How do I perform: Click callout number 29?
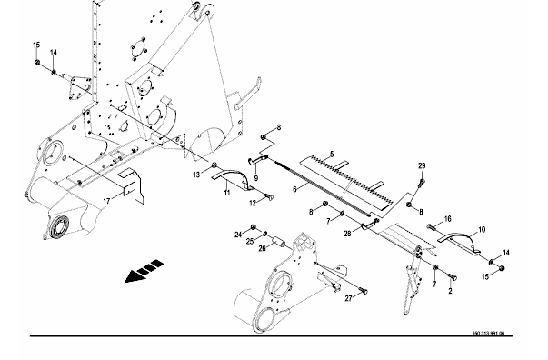click(x=422, y=165)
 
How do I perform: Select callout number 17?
click(x=106, y=201)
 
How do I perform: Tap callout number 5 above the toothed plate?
click(x=332, y=154)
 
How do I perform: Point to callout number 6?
click(x=294, y=189)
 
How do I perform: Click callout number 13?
click(x=196, y=175)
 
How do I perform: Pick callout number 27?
click(x=348, y=298)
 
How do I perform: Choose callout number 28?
click(x=347, y=234)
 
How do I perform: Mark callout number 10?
click(x=482, y=230)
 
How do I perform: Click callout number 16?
click(x=448, y=219)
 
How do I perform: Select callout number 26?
click(x=262, y=248)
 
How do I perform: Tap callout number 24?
click(x=238, y=235)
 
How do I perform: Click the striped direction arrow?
click(x=144, y=271)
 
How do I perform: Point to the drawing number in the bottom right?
click(x=488, y=333)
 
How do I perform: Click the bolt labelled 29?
click(x=422, y=182)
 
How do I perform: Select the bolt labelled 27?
click(x=364, y=290)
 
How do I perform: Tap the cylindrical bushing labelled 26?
click(x=279, y=242)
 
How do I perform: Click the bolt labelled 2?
click(x=453, y=277)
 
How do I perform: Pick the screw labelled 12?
click(x=269, y=197)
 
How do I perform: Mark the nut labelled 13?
click(x=214, y=165)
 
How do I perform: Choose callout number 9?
click(x=256, y=178)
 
